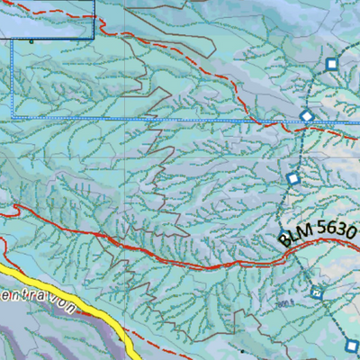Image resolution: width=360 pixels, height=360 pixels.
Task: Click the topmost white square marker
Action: pyautogui.click(x=331, y=64)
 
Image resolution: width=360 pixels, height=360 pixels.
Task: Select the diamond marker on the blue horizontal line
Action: pyautogui.click(x=306, y=115)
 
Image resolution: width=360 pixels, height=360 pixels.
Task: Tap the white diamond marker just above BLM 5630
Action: pyautogui.click(x=292, y=179)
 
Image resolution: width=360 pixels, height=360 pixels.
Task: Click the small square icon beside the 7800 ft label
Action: pyautogui.click(x=316, y=292)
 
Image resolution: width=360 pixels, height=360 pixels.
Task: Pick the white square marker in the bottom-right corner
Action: pyautogui.click(x=352, y=344)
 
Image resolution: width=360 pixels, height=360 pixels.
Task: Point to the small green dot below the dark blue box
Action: pyautogui.click(x=31, y=40)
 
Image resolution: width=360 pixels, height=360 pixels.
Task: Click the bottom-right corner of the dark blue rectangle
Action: pyautogui.click(x=94, y=39)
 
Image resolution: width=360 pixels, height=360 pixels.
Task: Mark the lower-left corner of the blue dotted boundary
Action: pyautogui.click(x=11, y=117)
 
